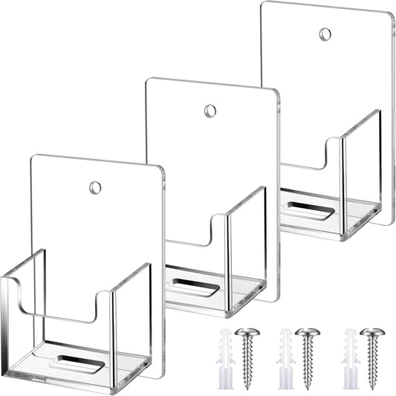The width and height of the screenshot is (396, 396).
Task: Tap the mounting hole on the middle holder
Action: click(210, 111)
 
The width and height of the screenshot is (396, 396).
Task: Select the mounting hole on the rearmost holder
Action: click(325, 34)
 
